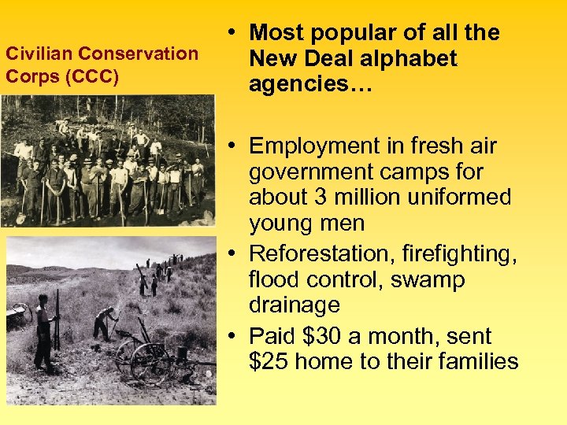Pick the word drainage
coord(295,305)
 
